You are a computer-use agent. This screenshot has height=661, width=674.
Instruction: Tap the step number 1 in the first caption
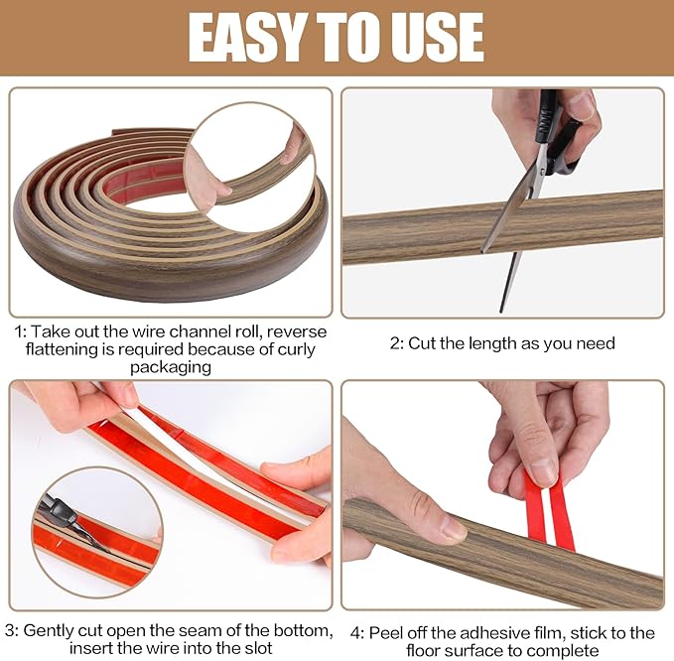(19, 331)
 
